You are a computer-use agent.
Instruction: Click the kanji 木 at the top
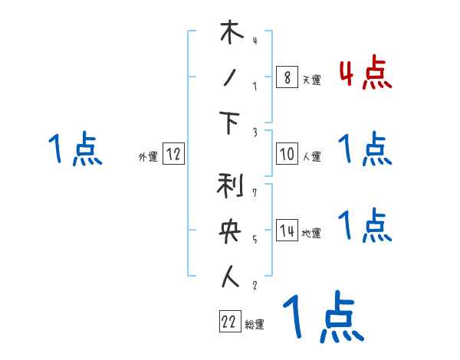(x=231, y=34)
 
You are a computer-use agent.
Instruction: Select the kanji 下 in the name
(x=231, y=124)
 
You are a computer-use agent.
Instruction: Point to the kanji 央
(x=231, y=232)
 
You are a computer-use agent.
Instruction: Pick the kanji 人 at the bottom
(x=231, y=277)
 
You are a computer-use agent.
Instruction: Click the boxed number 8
(x=287, y=77)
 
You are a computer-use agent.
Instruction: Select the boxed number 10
(x=287, y=154)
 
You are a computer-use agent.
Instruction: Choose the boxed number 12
(x=173, y=154)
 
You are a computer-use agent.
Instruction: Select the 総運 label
(x=255, y=325)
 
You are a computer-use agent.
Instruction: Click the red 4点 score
(x=365, y=74)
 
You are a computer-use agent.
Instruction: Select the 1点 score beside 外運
(x=75, y=149)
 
